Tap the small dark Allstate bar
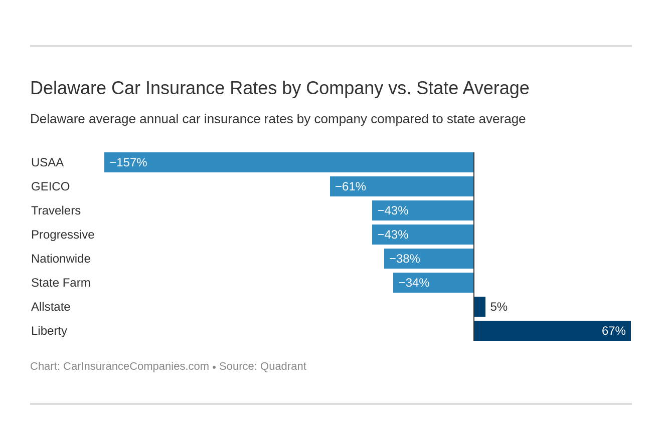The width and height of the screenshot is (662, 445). coord(480,307)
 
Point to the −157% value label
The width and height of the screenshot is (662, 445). coord(128,162)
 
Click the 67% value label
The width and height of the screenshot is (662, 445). coord(613,331)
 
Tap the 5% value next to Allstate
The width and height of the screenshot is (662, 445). coord(499,307)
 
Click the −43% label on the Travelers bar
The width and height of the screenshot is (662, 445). coord(393,210)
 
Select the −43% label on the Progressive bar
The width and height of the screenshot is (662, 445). coord(393,235)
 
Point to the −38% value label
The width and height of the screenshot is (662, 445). coord(404,259)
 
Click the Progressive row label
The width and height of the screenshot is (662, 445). coord(63,235)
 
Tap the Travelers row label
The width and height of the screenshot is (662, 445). coord(56,210)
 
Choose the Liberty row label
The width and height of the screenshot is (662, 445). coord(49,331)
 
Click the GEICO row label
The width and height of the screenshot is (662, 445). coord(50,186)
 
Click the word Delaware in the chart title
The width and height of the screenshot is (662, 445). coord(68,88)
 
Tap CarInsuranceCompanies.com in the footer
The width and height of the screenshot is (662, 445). coord(136,366)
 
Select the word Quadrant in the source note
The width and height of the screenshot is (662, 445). coord(283,366)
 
